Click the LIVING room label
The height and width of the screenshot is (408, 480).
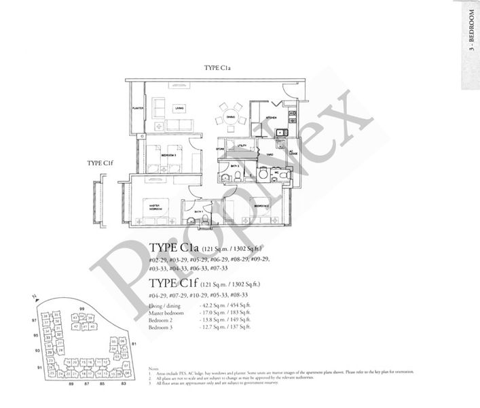pos(180,107)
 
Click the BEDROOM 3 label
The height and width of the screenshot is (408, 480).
pos(169,156)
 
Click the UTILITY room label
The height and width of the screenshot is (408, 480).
pos(241,145)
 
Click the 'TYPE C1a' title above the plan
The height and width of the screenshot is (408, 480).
pos(219,69)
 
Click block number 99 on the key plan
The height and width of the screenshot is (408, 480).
pos(81,309)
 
